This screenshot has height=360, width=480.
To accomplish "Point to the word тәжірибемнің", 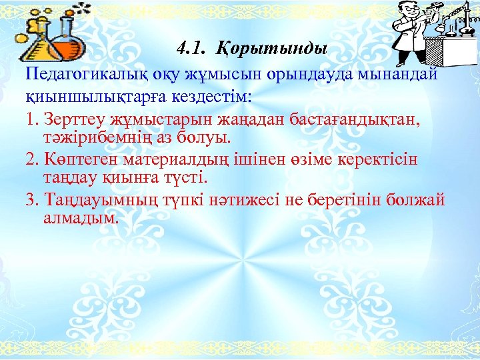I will point(100,138).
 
